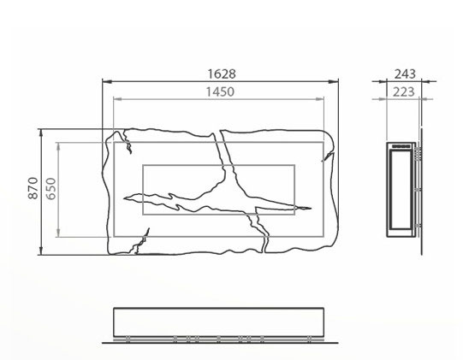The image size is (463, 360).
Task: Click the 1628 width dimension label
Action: click(222, 74)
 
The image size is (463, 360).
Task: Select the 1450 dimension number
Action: click(220, 91)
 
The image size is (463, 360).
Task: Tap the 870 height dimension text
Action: click(33, 188)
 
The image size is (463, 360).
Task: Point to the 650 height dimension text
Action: click(51, 189)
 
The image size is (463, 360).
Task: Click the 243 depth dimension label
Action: click(405, 74)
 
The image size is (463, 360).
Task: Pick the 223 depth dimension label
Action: click(403, 92)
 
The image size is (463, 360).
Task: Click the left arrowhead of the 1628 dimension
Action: click(107, 81)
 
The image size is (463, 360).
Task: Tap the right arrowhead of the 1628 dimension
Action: click(334, 81)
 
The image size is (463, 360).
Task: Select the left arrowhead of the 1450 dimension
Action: click(118, 99)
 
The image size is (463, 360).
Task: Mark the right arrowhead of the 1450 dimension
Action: click(320, 99)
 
